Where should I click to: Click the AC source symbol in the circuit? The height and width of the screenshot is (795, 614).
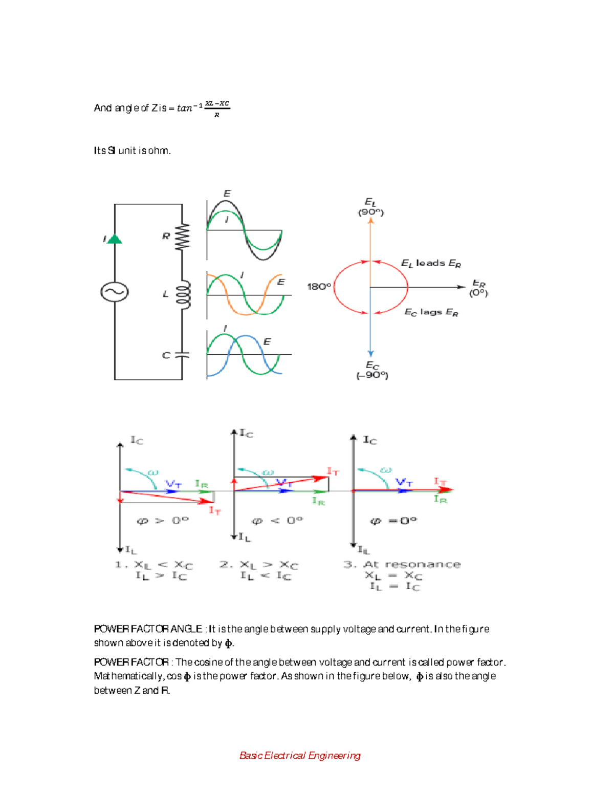tap(114, 292)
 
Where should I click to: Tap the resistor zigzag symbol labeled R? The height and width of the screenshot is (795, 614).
tap(182, 237)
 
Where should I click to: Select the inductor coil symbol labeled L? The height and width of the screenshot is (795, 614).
tap(183, 294)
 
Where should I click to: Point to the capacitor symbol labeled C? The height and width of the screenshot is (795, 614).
tap(182, 355)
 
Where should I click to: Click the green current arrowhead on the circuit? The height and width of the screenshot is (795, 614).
tap(115, 239)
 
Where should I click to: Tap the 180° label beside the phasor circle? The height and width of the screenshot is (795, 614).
tap(319, 287)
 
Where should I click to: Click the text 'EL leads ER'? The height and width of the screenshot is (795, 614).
tap(431, 264)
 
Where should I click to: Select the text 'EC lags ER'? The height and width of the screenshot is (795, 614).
tap(431, 312)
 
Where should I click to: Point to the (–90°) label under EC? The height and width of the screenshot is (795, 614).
tap(372, 376)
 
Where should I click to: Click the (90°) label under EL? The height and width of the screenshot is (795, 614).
tap(370, 212)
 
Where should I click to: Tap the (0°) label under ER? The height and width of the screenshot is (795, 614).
tap(479, 293)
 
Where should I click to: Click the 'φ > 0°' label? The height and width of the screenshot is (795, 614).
tap(163, 521)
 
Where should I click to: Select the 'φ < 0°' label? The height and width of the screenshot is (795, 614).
tap(277, 521)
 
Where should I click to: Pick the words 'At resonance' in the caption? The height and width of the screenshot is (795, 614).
tap(412, 564)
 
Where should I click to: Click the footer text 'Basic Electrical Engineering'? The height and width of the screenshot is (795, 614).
tap(300, 756)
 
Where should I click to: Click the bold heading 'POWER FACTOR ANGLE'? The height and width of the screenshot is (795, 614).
tap(148, 629)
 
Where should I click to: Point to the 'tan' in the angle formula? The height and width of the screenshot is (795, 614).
tap(185, 108)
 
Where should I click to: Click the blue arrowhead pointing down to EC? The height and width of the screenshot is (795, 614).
tap(370, 353)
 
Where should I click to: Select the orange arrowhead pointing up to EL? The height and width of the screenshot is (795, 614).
tap(370, 221)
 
